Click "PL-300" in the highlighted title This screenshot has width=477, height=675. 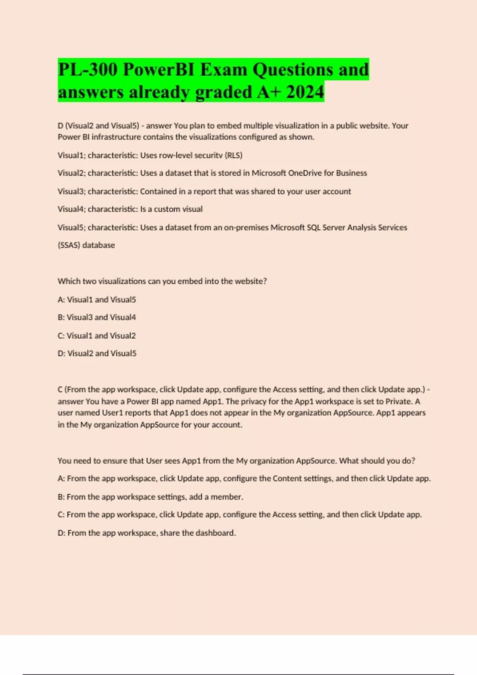(87, 69)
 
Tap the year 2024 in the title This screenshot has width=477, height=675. (305, 92)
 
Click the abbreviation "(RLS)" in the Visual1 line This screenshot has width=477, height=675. (234, 155)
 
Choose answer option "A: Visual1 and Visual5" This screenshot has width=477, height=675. (97, 300)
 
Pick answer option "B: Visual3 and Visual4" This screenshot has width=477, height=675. (97, 317)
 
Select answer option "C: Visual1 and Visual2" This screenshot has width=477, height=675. (97, 336)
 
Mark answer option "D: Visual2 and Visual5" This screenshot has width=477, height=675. (97, 353)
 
